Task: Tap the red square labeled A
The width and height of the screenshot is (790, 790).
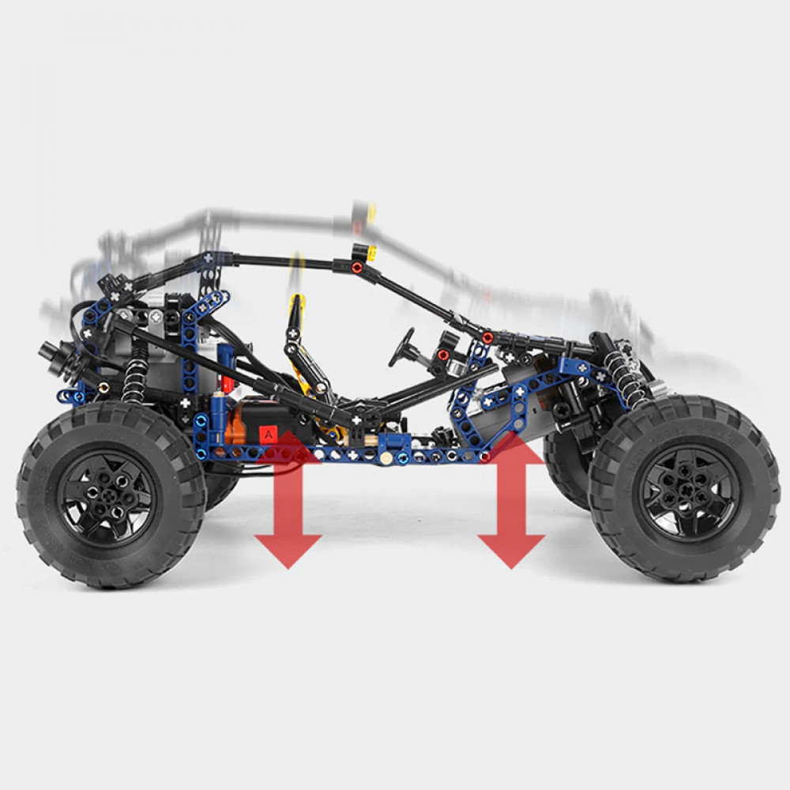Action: click(x=269, y=434)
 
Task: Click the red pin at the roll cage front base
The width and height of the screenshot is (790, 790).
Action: click(x=487, y=337)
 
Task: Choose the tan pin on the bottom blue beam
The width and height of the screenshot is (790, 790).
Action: click(x=386, y=457)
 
